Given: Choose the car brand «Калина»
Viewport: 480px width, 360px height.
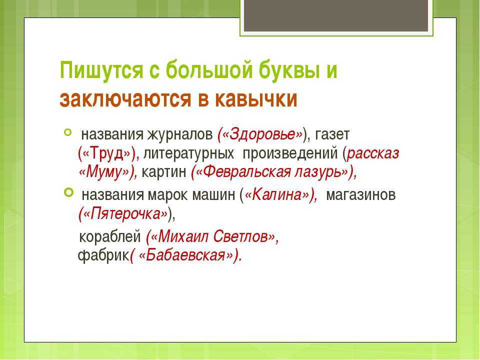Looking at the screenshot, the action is (x=276, y=194).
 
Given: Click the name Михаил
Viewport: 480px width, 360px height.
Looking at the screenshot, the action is (x=183, y=236).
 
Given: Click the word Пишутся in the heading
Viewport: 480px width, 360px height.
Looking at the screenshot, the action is (x=101, y=70).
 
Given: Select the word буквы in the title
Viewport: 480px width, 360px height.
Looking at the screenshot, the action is (x=285, y=70).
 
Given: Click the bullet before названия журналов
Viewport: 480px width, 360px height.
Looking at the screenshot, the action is (x=67, y=132).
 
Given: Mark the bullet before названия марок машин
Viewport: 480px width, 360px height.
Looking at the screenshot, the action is (x=68, y=192).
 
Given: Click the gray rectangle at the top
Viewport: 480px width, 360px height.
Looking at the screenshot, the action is (x=336, y=15).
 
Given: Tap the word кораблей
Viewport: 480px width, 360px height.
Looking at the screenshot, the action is (x=110, y=236).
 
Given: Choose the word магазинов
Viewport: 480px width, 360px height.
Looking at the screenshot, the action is (x=361, y=194).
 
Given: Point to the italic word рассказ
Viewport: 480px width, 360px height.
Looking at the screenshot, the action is (x=373, y=153).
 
